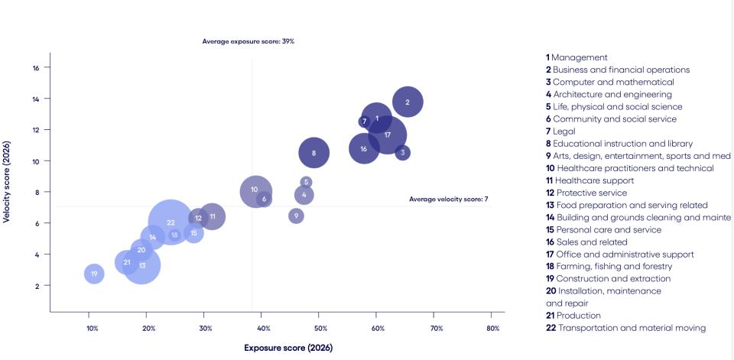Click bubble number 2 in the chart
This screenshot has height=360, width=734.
pyautogui.click(x=408, y=102)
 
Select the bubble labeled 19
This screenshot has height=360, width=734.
pyautogui.click(x=94, y=274)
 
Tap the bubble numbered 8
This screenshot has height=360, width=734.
pyautogui.click(x=313, y=153)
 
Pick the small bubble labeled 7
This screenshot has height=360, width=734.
pyautogui.click(x=364, y=121)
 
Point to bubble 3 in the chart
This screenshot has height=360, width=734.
pyautogui.click(x=402, y=153)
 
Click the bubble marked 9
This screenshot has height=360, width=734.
pyautogui.click(x=296, y=216)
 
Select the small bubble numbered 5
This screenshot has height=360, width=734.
pyautogui.click(x=306, y=182)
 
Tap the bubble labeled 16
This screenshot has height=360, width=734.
pyautogui.click(x=364, y=148)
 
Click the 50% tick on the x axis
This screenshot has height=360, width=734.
pyautogui.click(x=321, y=329)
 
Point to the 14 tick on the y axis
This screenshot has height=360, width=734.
pyautogui.click(x=36, y=99)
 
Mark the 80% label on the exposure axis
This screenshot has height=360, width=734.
pyautogui.click(x=493, y=329)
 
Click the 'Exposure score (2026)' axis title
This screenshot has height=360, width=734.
pyautogui.click(x=288, y=348)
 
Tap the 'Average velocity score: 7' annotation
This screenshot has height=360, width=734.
pyautogui.click(x=448, y=199)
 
